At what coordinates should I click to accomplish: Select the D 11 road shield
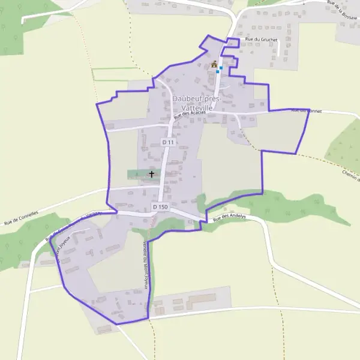tap(168, 142)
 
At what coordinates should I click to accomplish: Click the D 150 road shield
tap(160, 206)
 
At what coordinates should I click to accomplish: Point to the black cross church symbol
tap(151, 175)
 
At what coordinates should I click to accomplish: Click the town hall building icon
tap(214, 64)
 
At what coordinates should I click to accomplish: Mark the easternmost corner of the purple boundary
tap(310, 110)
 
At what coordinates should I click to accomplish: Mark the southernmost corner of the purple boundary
tap(116, 324)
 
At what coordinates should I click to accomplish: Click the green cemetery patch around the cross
tap(139, 174)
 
